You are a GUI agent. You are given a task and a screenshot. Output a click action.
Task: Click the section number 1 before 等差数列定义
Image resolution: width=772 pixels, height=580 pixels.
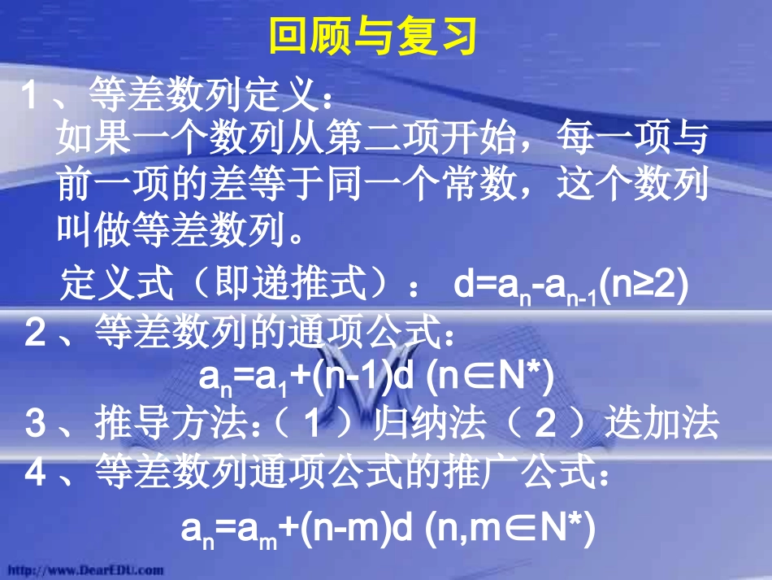point(29,98)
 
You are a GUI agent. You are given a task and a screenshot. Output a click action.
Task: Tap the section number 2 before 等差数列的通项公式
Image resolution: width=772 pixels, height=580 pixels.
point(35,334)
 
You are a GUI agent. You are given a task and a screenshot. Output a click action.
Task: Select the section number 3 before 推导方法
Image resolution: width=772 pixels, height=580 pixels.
point(35,425)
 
